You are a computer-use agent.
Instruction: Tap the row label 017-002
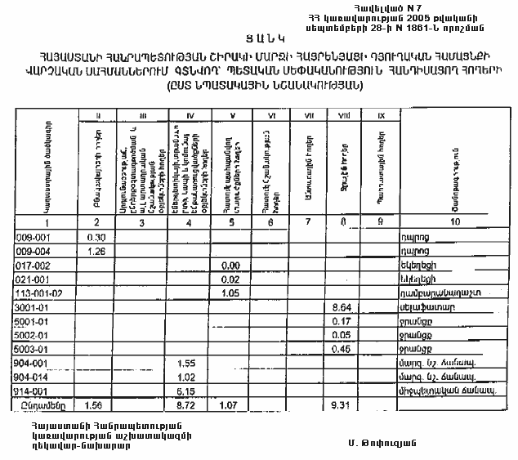[x=33, y=266]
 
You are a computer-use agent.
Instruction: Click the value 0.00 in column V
[x=230, y=266]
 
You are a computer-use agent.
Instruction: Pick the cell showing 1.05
[x=230, y=293]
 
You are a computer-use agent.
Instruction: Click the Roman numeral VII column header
[x=309, y=116]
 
